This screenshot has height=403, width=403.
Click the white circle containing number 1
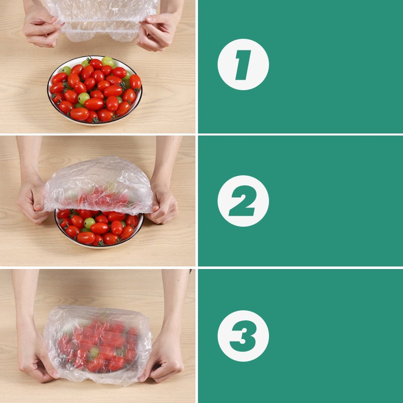point(243,64)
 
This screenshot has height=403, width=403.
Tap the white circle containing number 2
point(243,201)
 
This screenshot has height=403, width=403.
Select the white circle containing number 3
point(243,335)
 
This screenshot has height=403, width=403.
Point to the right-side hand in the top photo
point(156,33)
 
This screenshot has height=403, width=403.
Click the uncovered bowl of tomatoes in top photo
point(95,91)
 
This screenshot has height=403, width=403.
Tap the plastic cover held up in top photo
point(101,18)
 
